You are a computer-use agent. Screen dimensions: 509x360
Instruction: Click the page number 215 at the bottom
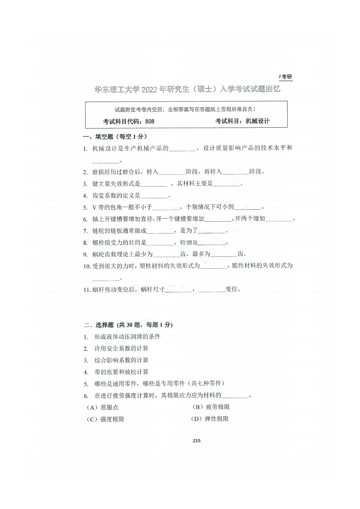[x=196, y=441]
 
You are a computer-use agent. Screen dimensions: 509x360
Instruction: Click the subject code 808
[x=150, y=122]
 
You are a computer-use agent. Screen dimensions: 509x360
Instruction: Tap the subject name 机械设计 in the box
[x=257, y=121]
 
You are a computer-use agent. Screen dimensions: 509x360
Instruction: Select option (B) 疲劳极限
[x=211, y=407]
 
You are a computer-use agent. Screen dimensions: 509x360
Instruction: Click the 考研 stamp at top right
[x=286, y=77]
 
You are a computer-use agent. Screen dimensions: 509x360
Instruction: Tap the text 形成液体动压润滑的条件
[x=127, y=337]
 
